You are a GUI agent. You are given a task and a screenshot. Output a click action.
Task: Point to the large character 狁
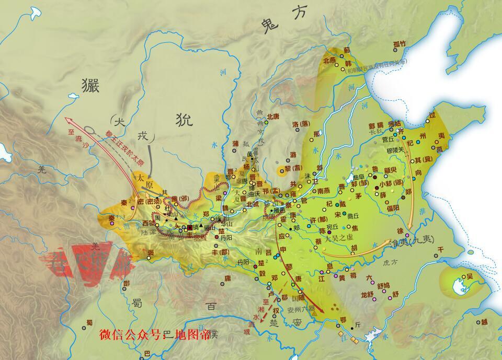tap(184, 120)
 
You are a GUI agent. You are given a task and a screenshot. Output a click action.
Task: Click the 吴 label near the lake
tap(469, 276)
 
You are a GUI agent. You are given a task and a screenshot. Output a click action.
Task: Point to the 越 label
tap(484, 322)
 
